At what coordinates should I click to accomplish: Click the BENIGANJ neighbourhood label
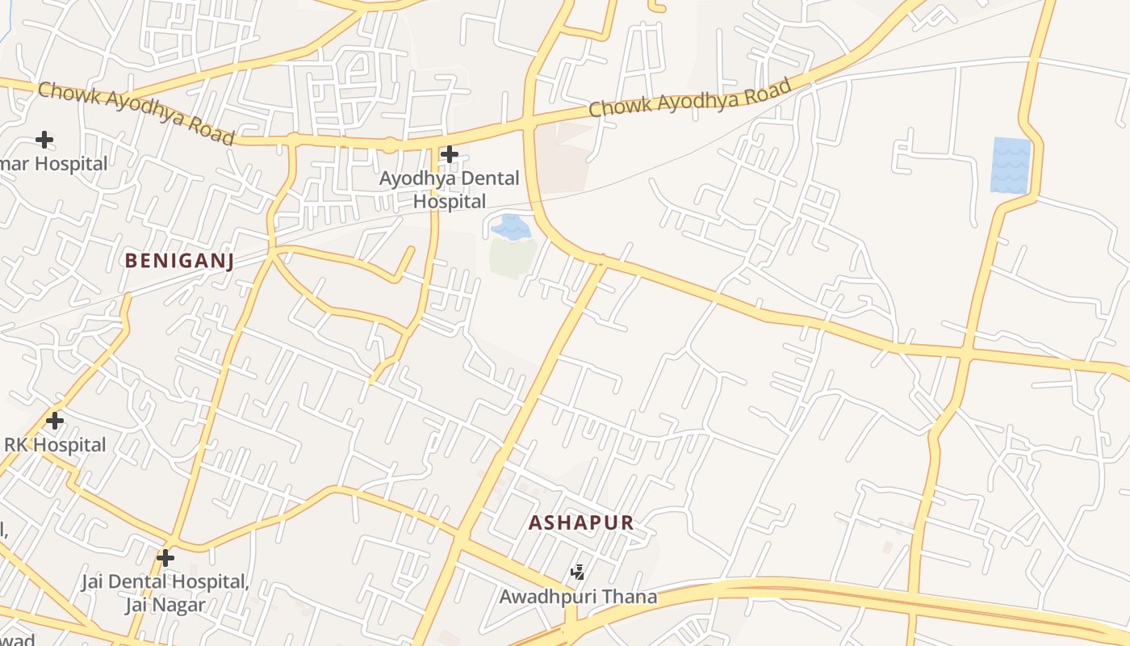pyautogui.click(x=179, y=261)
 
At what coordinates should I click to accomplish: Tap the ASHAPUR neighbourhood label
pyautogui.click(x=581, y=522)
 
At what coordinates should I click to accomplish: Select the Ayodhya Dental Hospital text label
pyautogui.click(x=450, y=190)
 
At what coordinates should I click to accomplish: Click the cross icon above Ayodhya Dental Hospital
pyautogui.click(x=450, y=153)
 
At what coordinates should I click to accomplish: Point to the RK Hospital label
pyautogui.click(x=55, y=445)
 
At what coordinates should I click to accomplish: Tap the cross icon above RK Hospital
pyautogui.click(x=55, y=421)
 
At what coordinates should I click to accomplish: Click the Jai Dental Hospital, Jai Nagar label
pyautogui.click(x=165, y=593)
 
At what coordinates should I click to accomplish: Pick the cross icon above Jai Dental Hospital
pyautogui.click(x=165, y=558)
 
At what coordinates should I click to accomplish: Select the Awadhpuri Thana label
pyautogui.click(x=578, y=598)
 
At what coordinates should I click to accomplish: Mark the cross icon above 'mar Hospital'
pyautogui.click(x=44, y=140)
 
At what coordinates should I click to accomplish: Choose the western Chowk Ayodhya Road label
pyautogui.click(x=136, y=112)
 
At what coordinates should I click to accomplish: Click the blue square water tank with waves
pyautogui.click(x=1011, y=166)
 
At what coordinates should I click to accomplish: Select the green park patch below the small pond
pyautogui.click(x=513, y=257)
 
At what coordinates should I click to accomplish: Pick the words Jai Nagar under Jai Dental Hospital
pyautogui.click(x=165, y=605)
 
